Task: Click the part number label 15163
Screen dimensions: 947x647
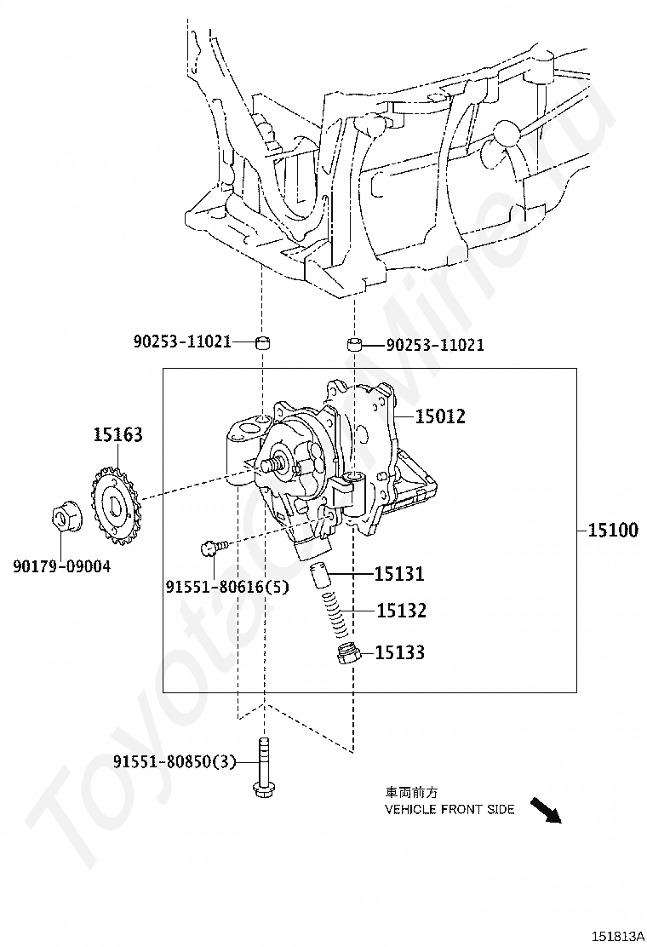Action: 117,435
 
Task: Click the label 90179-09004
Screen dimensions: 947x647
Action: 61,565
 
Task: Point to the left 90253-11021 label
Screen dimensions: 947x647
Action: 182,341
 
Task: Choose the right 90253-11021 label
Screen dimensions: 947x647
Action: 435,345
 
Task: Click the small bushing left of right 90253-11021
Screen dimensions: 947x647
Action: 354,345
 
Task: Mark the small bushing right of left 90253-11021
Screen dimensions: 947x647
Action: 264,342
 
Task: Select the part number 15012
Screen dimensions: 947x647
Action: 440,416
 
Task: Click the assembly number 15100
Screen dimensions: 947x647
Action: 612,531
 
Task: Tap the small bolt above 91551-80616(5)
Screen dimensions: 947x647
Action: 211,547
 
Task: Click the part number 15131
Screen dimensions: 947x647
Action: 399,574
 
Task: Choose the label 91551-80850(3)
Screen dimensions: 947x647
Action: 174,761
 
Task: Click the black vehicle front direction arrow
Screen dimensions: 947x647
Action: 545,810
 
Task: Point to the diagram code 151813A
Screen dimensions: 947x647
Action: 619,936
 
